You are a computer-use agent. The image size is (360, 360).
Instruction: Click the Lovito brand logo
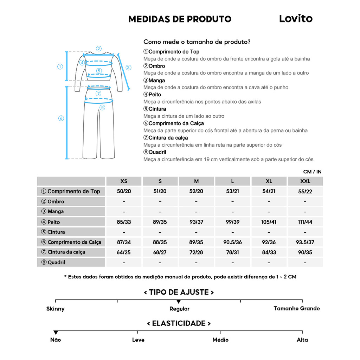tap(296, 19)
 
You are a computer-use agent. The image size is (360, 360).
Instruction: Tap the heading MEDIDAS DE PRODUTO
tap(180, 19)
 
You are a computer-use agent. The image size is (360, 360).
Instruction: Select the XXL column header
tap(305, 181)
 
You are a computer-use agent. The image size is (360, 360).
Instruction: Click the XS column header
tap(124, 181)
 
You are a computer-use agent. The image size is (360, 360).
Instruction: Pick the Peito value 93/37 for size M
tap(196, 222)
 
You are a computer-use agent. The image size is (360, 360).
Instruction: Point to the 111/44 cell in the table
tap(305, 222)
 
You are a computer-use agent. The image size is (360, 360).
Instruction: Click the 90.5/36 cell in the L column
tap(232, 242)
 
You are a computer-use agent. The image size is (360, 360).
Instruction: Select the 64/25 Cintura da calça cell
tap(124, 252)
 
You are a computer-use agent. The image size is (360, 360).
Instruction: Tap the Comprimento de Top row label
tap(71, 191)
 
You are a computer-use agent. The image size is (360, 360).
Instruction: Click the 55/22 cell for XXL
tap(305, 192)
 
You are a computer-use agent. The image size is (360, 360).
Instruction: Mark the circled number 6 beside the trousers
tap(61, 118)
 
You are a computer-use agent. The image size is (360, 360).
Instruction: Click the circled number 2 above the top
tap(99, 49)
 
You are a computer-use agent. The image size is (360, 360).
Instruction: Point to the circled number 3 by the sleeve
tap(128, 67)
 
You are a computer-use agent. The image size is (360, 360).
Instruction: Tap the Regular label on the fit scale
tap(179, 309)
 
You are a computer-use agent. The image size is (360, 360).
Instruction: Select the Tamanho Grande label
tap(297, 308)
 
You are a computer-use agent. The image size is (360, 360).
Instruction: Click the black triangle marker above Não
tap(56, 333)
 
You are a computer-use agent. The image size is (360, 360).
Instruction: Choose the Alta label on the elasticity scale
tap(302, 340)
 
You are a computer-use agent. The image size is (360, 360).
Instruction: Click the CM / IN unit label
tap(312, 172)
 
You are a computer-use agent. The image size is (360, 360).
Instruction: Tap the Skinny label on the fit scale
tap(56, 309)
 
